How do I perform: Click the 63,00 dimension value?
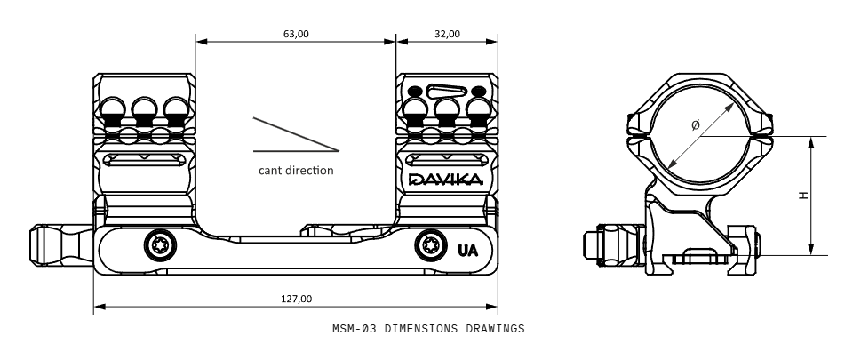click(x=296, y=34)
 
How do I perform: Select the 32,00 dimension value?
click(x=447, y=34)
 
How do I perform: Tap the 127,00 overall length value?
click(x=296, y=299)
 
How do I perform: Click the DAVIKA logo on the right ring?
click(x=446, y=180)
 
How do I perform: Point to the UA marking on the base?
click(x=467, y=250)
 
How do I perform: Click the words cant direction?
click(x=296, y=170)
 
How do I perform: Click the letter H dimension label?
click(x=803, y=196)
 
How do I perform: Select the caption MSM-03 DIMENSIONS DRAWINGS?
click(x=428, y=329)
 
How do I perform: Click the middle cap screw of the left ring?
click(x=143, y=110)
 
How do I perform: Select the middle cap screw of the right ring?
click(x=446, y=110)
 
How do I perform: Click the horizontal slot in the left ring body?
click(x=142, y=160)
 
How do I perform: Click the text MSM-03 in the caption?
click(x=354, y=329)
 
